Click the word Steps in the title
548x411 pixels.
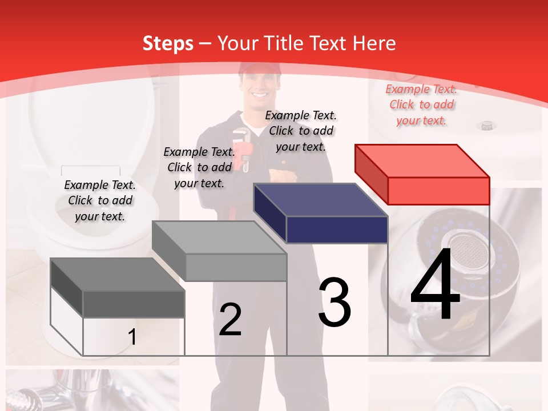click(x=168, y=43)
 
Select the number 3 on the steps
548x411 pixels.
click(x=335, y=303)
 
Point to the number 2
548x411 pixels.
click(x=230, y=320)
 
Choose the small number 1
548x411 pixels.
click(x=132, y=337)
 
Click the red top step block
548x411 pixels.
click(x=422, y=174)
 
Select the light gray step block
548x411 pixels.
click(x=220, y=251)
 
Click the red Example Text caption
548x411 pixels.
click(x=421, y=104)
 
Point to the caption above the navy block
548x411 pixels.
click(x=301, y=131)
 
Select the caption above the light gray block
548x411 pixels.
click(x=199, y=167)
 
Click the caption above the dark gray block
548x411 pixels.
click(x=100, y=200)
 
